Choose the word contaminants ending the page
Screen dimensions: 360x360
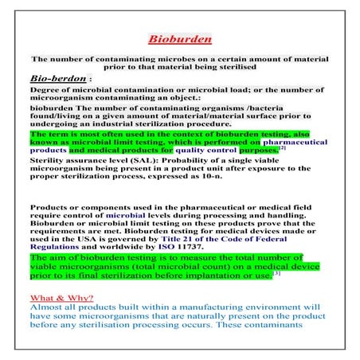click(x=292, y=337)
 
